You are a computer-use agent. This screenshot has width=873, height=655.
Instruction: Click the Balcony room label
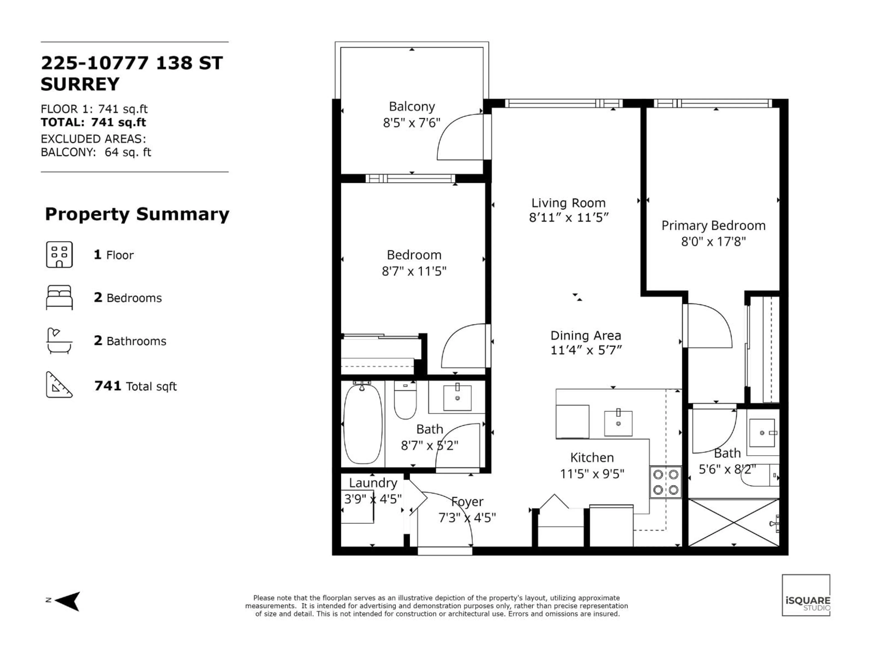pos(412,107)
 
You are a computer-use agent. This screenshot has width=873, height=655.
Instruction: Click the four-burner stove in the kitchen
pos(665,482)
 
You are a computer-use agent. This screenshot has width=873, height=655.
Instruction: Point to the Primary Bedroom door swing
pos(708,326)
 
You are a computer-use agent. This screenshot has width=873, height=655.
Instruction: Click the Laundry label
pos(373,483)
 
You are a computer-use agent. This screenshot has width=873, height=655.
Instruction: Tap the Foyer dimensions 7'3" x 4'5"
pos(467,518)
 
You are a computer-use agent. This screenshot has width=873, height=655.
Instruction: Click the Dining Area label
pos(586,336)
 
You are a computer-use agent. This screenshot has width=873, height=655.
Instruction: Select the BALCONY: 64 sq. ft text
pos(96,152)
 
